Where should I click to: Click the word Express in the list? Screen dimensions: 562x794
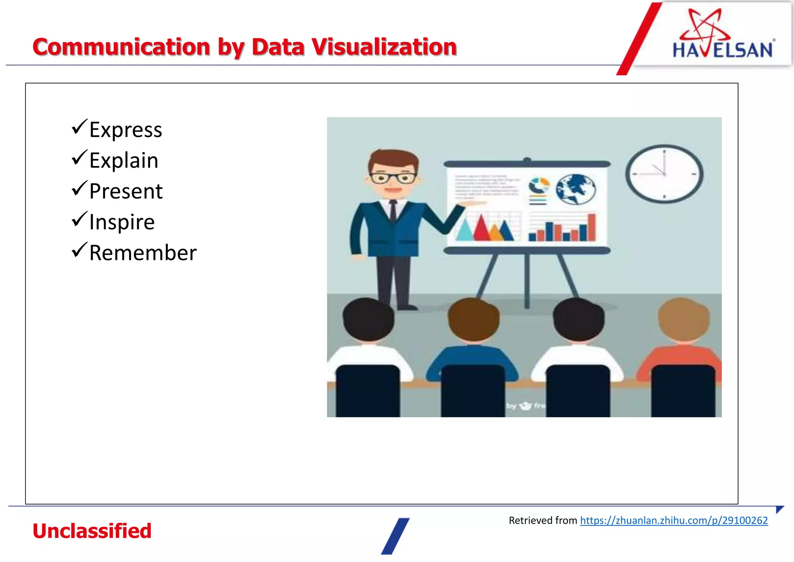point(126,130)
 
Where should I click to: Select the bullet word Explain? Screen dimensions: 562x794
point(124,161)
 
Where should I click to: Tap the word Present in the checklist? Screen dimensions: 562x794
point(126,191)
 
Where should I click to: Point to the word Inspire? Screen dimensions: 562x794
point(122,222)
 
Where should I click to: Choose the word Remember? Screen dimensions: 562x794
point(143,253)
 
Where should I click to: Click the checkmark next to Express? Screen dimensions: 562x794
point(79,127)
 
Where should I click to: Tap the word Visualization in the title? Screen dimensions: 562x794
point(384,47)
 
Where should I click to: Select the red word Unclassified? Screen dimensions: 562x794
point(92,531)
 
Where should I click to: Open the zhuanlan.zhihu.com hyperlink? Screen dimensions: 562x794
point(674,520)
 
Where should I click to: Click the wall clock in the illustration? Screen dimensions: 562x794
point(664,174)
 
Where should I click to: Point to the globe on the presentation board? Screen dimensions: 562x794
point(575,189)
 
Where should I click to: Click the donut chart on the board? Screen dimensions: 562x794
point(539,186)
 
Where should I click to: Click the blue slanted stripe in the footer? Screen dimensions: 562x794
point(395,536)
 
